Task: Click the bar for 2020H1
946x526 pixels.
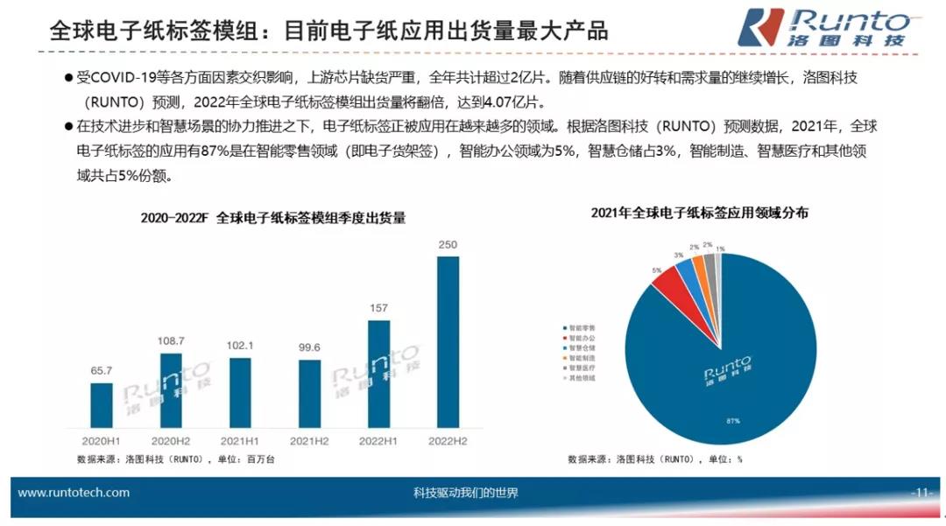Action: [102, 407]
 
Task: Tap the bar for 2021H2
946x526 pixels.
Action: [309, 395]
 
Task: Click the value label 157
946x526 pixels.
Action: [378, 307]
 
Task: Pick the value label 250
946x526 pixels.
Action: [447, 244]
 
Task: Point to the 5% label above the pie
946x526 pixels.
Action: [657, 270]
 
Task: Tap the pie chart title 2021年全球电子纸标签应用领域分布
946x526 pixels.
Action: [699, 213]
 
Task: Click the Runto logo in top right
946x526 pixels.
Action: [823, 26]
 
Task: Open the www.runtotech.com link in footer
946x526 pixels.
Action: [74, 493]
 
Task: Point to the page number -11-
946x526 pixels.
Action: [920, 493]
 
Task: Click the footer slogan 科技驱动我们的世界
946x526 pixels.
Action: [465, 493]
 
